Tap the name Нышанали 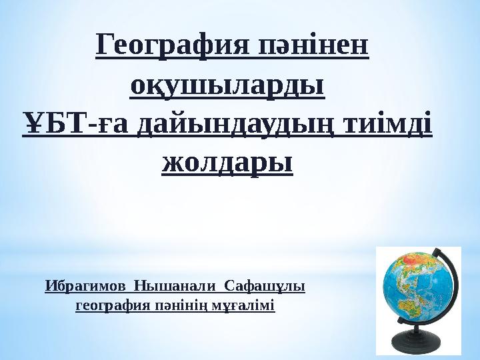click(x=176, y=287)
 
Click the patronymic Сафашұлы click(x=264, y=287)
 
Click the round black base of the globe click(x=419, y=345)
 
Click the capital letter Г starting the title click(x=105, y=46)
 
